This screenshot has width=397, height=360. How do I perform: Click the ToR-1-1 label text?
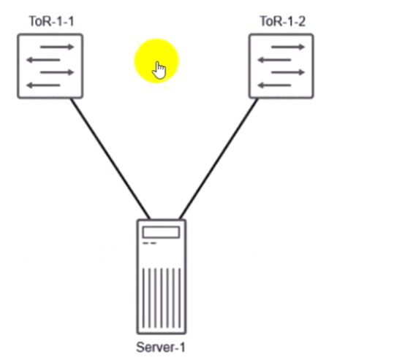pos(52,21)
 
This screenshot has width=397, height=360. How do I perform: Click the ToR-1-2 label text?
pos(282,21)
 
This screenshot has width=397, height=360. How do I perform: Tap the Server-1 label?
pos(161,347)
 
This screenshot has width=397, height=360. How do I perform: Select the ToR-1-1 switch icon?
pos(50,66)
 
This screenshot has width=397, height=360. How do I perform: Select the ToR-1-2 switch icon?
pos(281,66)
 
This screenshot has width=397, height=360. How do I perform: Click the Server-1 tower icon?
pos(162,277)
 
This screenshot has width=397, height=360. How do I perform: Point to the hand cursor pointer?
pos(159,70)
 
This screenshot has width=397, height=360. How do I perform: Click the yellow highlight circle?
pos(156,61)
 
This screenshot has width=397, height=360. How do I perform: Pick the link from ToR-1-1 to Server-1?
pos(110,158)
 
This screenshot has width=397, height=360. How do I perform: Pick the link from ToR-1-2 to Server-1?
pos(219,158)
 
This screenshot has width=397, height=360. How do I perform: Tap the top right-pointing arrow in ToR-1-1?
pos(57,47)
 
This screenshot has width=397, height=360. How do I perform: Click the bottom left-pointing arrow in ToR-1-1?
pos(43,85)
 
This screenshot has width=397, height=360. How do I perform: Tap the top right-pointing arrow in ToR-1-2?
pos(288,47)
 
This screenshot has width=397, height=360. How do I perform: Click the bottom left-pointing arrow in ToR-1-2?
pos(274,85)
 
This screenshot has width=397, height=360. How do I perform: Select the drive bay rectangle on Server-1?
pos(162,232)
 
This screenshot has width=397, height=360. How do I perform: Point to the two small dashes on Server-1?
pos(150,243)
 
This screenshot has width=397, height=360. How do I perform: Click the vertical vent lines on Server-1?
pos(162,298)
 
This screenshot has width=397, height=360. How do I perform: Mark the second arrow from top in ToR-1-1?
pos(43,60)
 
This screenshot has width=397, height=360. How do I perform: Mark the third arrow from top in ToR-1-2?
pos(288,72)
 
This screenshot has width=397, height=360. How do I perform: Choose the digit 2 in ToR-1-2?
pos(301,21)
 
